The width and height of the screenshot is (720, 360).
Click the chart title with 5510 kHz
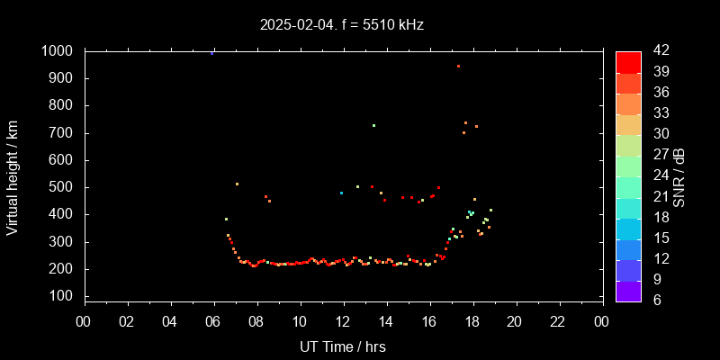tap(341, 25)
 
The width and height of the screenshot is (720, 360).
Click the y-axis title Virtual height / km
tap(13, 176)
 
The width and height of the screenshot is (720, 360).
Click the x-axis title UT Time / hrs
tap(343, 346)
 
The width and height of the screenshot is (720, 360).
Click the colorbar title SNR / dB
tap(679, 176)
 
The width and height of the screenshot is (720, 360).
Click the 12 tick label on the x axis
tap(343, 320)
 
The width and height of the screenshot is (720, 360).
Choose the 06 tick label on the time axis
tap(213, 320)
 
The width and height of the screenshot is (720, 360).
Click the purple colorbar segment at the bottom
tap(628, 291)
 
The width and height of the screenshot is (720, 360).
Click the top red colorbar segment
tap(628, 61)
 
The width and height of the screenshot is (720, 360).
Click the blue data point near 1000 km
tap(212, 53)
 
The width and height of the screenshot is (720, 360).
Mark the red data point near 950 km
tap(458, 66)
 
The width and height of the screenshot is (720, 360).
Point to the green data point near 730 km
tap(373, 125)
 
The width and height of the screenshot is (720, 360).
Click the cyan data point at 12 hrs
tap(341, 193)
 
